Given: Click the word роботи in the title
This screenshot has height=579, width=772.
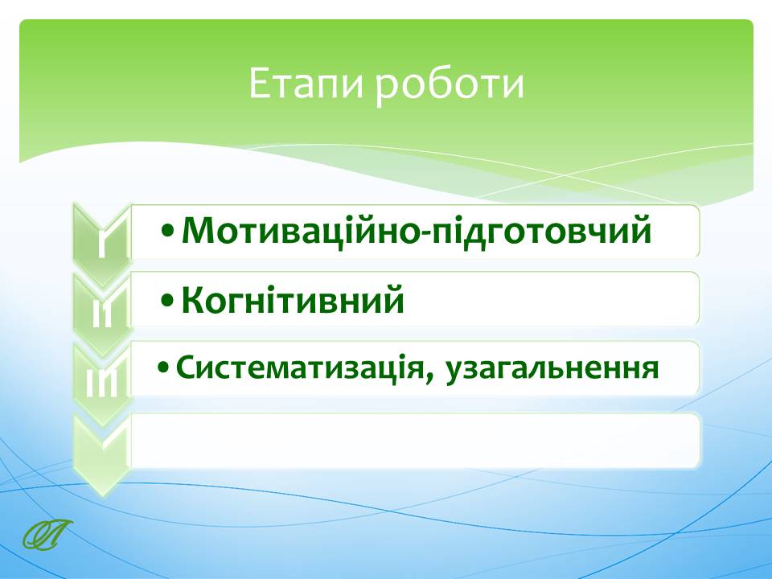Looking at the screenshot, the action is pos(450,87).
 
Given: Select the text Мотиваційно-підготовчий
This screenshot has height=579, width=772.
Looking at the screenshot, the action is pos(417,231).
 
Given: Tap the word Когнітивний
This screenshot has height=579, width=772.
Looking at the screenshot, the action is pos(293,300).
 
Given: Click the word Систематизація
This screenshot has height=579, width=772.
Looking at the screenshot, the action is pos(299,368).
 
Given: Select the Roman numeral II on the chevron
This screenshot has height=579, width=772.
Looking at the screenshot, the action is pos(102,312).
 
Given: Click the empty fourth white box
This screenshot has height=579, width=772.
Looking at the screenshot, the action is pos(415,441).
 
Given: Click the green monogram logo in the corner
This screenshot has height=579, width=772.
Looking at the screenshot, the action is pos(47,534).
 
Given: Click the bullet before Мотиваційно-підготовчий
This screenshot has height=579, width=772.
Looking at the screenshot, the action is pos(167,232).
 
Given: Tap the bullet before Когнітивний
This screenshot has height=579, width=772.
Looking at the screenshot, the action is pos(167,300).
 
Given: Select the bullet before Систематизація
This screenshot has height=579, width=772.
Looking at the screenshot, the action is pos(163,368).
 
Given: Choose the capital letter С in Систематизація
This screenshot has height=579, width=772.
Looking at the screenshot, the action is pos(186,368).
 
